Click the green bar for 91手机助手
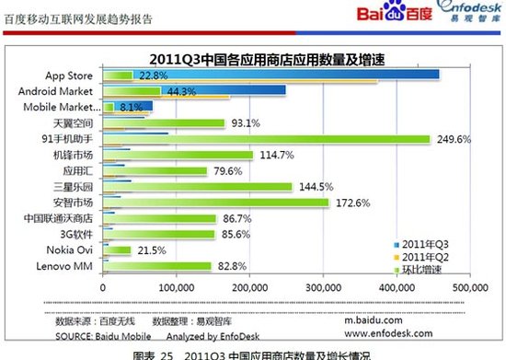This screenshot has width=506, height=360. (x=267, y=140)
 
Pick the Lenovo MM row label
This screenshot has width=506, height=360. (x=70, y=266)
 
